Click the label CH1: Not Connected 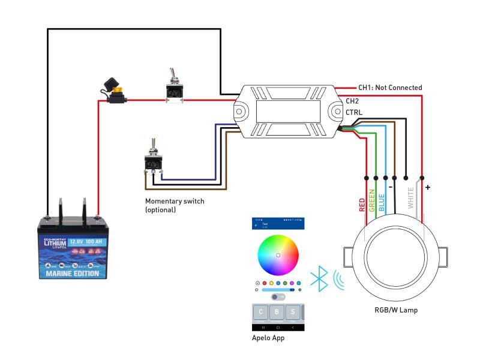pos(390,88)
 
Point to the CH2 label pos(352,101)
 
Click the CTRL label pos(354,112)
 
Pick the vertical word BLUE pos(382,201)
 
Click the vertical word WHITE pos(411,197)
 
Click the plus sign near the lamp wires pos(428,187)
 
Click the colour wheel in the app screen pos(278,255)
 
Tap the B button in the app pos(277,313)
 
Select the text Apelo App pos(268,338)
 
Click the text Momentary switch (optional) pos(175,205)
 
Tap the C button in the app pos(260,313)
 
